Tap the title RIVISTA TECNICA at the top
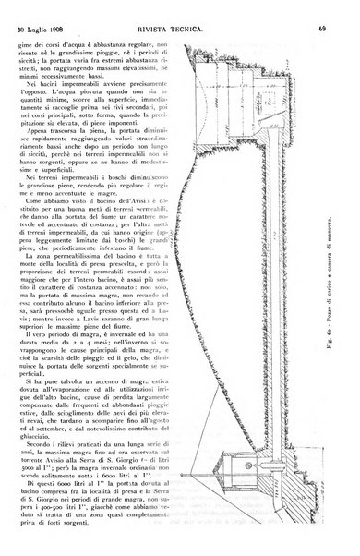tap(184, 9)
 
